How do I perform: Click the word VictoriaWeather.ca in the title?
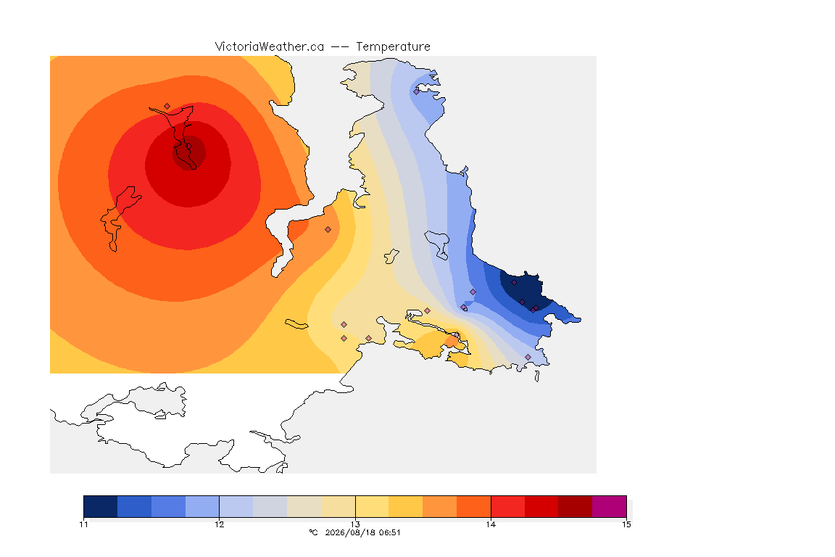(270, 46)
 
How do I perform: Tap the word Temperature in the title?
(393, 47)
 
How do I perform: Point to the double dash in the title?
(340, 47)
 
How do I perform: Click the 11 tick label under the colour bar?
(83, 524)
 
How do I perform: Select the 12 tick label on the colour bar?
(220, 524)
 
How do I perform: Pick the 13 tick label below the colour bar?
(355, 524)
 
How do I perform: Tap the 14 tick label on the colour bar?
(491, 524)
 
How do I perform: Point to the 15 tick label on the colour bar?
(626, 524)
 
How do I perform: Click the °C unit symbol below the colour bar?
(313, 532)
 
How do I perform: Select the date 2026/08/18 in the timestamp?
(350, 532)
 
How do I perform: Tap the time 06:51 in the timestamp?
(389, 532)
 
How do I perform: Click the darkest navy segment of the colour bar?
(101, 506)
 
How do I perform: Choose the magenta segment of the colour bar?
(609, 506)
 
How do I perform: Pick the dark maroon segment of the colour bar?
(575, 506)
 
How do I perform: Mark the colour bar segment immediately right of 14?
(507, 506)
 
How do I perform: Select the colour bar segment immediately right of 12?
(236, 506)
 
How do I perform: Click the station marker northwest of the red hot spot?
(167, 107)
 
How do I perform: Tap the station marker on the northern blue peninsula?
(417, 91)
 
